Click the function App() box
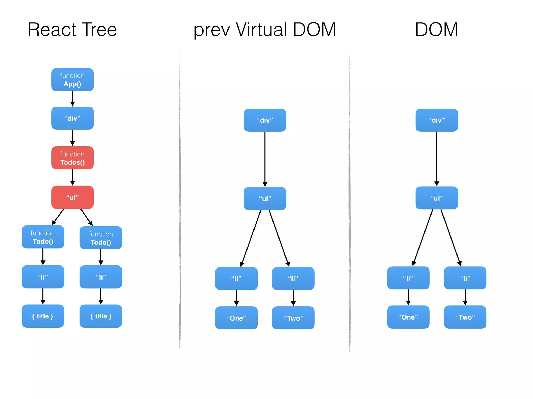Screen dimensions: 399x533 (72, 80)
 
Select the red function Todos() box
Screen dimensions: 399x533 (72, 158)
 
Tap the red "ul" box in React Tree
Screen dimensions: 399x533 (72, 197)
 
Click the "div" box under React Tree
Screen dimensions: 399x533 (72, 118)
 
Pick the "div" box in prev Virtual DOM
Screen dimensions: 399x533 (265, 120)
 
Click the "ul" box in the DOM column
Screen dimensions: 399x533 (436, 198)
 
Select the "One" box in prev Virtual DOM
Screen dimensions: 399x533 (236, 318)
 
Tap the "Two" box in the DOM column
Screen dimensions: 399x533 (465, 317)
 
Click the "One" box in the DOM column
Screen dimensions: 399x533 (408, 317)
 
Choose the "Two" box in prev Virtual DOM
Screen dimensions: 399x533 (293, 318)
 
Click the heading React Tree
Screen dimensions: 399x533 (72, 30)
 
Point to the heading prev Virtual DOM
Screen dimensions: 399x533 (265, 30)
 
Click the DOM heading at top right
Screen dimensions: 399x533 (436, 30)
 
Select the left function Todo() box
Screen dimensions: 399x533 (43, 237)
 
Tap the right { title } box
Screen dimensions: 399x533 (101, 316)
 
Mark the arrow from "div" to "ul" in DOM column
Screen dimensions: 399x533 (436, 158)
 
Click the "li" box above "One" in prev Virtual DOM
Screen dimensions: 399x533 (236, 278)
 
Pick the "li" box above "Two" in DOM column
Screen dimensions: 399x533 (465, 278)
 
